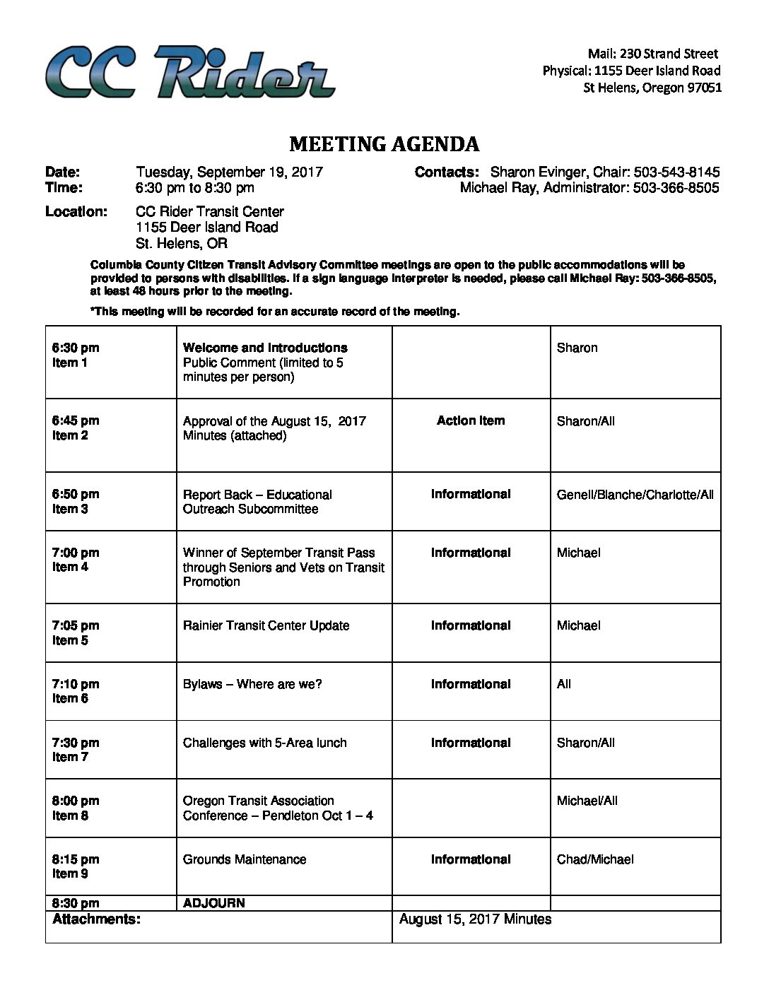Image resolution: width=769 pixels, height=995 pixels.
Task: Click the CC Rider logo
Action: [x=189, y=71]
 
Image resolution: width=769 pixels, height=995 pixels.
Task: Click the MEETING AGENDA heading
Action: [x=384, y=144]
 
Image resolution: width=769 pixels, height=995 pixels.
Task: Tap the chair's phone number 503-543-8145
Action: [x=676, y=172]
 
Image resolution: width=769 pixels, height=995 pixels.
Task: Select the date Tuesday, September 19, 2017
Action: [x=229, y=172]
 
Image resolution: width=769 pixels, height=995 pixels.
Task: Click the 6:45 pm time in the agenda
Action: [x=76, y=420]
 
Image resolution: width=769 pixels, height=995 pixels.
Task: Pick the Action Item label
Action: [x=471, y=420]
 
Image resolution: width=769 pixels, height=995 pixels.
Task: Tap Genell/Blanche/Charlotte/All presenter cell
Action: [x=635, y=494]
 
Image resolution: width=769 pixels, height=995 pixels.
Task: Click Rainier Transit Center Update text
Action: [x=266, y=625]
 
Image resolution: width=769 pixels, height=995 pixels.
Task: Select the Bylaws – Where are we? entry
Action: [x=252, y=684]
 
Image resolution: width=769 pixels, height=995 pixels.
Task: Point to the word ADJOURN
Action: [x=213, y=902]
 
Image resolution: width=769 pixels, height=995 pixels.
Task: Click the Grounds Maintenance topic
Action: [x=245, y=859]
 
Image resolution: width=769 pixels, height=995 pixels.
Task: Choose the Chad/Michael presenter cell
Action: [x=595, y=859]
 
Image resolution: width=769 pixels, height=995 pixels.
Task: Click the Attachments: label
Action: [x=96, y=919]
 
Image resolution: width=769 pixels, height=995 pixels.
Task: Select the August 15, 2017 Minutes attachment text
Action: [x=475, y=919]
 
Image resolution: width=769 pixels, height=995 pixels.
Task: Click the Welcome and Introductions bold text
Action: [x=265, y=348]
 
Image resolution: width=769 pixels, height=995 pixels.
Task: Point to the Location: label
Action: [x=76, y=211]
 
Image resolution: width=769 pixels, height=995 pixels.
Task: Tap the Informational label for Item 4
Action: [x=471, y=553]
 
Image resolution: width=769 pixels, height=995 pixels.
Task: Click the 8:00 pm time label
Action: [x=76, y=801]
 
